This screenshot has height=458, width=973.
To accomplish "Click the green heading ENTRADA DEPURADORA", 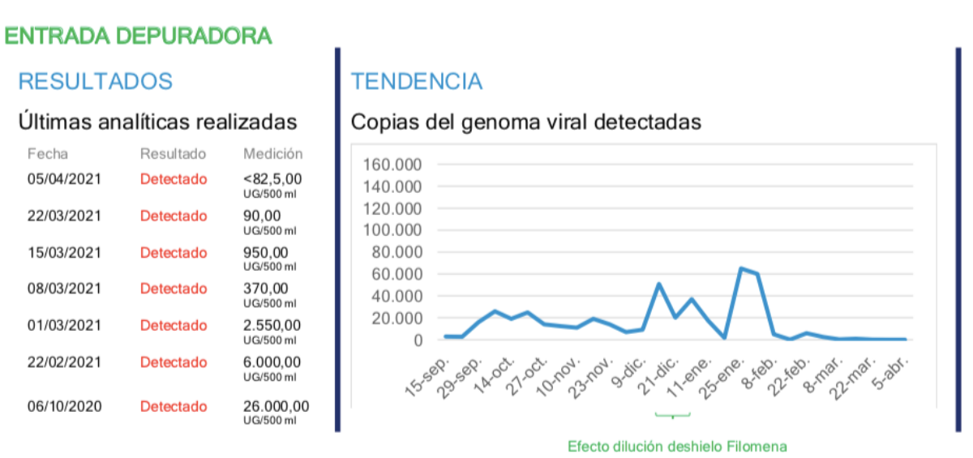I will pyautogui.click(x=138, y=36).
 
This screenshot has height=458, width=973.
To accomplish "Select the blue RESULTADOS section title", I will pyautogui.click(x=96, y=81).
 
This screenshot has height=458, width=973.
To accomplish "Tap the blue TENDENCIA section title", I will pyautogui.click(x=416, y=81).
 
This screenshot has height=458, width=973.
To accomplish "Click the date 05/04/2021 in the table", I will pyautogui.click(x=64, y=179).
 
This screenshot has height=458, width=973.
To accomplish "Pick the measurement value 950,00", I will pyautogui.click(x=265, y=252).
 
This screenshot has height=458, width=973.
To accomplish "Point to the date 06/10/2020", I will pyautogui.click(x=64, y=406).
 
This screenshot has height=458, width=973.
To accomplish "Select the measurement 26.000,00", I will pyautogui.click(x=276, y=406).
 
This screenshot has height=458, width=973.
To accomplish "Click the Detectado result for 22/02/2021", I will pyautogui.click(x=174, y=362).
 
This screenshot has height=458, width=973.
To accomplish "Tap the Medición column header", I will pyautogui.click(x=272, y=153).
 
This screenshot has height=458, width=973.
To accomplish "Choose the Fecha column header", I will pyautogui.click(x=48, y=153).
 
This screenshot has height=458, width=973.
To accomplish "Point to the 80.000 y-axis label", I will pyautogui.click(x=395, y=252).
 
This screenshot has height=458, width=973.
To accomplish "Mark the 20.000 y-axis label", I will pyautogui.click(x=395, y=318).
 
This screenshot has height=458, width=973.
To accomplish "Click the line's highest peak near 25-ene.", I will pyautogui.click(x=741, y=268).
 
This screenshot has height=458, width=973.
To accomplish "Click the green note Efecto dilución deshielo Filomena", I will pyautogui.click(x=677, y=446).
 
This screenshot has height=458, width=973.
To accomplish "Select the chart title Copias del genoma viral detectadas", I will pyautogui.click(x=525, y=122).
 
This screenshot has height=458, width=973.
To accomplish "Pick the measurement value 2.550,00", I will pyautogui.click(x=272, y=325).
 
